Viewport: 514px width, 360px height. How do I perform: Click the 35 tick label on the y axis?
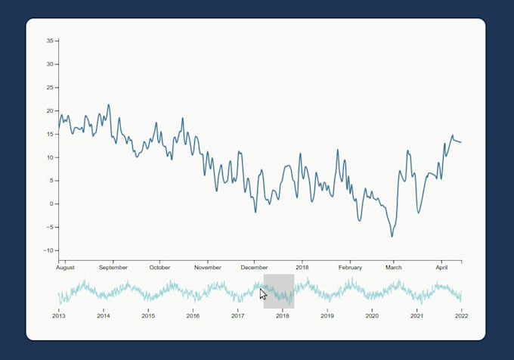pyautogui.click(x=51, y=41)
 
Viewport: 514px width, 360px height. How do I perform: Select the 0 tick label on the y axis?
pyautogui.click(x=52, y=204)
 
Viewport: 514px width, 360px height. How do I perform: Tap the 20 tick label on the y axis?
pyautogui.click(x=51, y=110)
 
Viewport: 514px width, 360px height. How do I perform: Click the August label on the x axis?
pyautogui.click(x=66, y=268)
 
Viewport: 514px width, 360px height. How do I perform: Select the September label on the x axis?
pyautogui.click(x=113, y=268)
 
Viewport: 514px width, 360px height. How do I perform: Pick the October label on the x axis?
pyautogui.click(x=159, y=268)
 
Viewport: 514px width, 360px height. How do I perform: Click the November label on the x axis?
pyautogui.click(x=208, y=268)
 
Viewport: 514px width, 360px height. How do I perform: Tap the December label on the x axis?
pyautogui.click(x=255, y=268)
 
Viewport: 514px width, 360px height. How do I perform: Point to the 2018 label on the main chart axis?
pyautogui.click(x=302, y=268)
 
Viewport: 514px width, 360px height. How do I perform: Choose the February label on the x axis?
pyautogui.click(x=351, y=268)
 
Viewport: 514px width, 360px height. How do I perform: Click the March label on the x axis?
pyautogui.click(x=394, y=268)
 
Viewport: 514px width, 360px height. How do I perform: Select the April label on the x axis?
pyautogui.click(x=442, y=268)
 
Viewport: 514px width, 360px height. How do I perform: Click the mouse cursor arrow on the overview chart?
pyautogui.click(x=263, y=293)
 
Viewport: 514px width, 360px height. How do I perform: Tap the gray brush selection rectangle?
pyautogui.click(x=279, y=291)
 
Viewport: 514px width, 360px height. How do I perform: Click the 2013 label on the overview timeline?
pyautogui.click(x=59, y=315)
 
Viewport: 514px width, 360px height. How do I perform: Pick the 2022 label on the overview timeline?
pyautogui.click(x=460, y=315)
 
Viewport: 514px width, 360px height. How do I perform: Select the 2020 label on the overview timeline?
pyautogui.click(x=371, y=315)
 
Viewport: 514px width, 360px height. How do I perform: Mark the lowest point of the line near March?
pyautogui.click(x=392, y=236)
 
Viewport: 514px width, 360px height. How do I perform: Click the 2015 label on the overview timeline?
pyautogui.click(x=148, y=315)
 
